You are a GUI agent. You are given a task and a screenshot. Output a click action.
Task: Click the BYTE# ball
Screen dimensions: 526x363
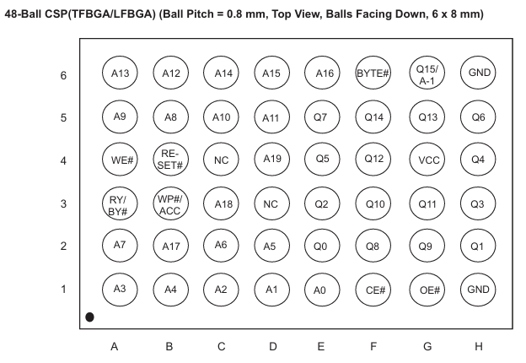pyautogui.click(x=373, y=73)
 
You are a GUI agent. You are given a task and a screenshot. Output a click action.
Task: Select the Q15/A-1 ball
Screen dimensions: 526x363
pyautogui.click(x=427, y=73)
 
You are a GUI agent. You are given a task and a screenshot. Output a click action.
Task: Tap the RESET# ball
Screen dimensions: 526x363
pyautogui.click(x=171, y=160)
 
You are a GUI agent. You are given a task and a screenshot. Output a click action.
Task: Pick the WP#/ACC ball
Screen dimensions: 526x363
pyautogui.click(x=171, y=203)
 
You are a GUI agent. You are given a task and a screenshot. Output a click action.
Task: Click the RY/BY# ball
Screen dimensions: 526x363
pyautogui.click(x=120, y=203)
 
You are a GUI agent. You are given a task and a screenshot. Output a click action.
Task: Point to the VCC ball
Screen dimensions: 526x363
pyautogui.click(x=427, y=160)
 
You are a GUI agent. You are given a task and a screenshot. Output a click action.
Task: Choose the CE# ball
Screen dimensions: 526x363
pyautogui.click(x=373, y=290)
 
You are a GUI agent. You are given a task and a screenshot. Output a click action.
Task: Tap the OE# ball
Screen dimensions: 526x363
pyautogui.click(x=427, y=290)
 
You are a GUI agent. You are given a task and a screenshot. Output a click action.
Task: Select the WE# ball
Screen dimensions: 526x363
pyautogui.click(x=120, y=160)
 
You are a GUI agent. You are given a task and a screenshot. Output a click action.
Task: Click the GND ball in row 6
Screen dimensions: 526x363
pyautogui.click(x=478, y=73)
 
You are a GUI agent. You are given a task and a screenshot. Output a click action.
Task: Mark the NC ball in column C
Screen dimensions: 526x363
pyautogui.click(x=221, y=160)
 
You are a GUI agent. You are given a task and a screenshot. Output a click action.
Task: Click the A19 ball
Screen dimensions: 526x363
pyautogui.click(x=272, y=160)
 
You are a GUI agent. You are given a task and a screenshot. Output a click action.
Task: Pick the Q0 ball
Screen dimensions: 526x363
pyautogui.click(x=322, y=246)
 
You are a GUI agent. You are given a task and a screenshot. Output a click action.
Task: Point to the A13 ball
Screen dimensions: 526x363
pyautogui.click(x=120, y=73)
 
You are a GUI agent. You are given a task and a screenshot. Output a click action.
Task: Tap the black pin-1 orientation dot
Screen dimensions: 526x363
pyautogui.click(x=89, y=317)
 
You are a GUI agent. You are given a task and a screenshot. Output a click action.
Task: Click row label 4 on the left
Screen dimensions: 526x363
pyautogui.click(x=63, y=161)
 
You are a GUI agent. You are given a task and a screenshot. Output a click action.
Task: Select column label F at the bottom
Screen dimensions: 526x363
pyautogui.click(x=373, y=346)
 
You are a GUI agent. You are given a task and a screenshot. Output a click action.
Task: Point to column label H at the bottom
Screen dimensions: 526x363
pyautogui.click(x=479, y=346)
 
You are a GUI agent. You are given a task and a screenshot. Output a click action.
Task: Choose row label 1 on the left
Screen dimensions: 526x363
pyautogui.click(x=63, y=289)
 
